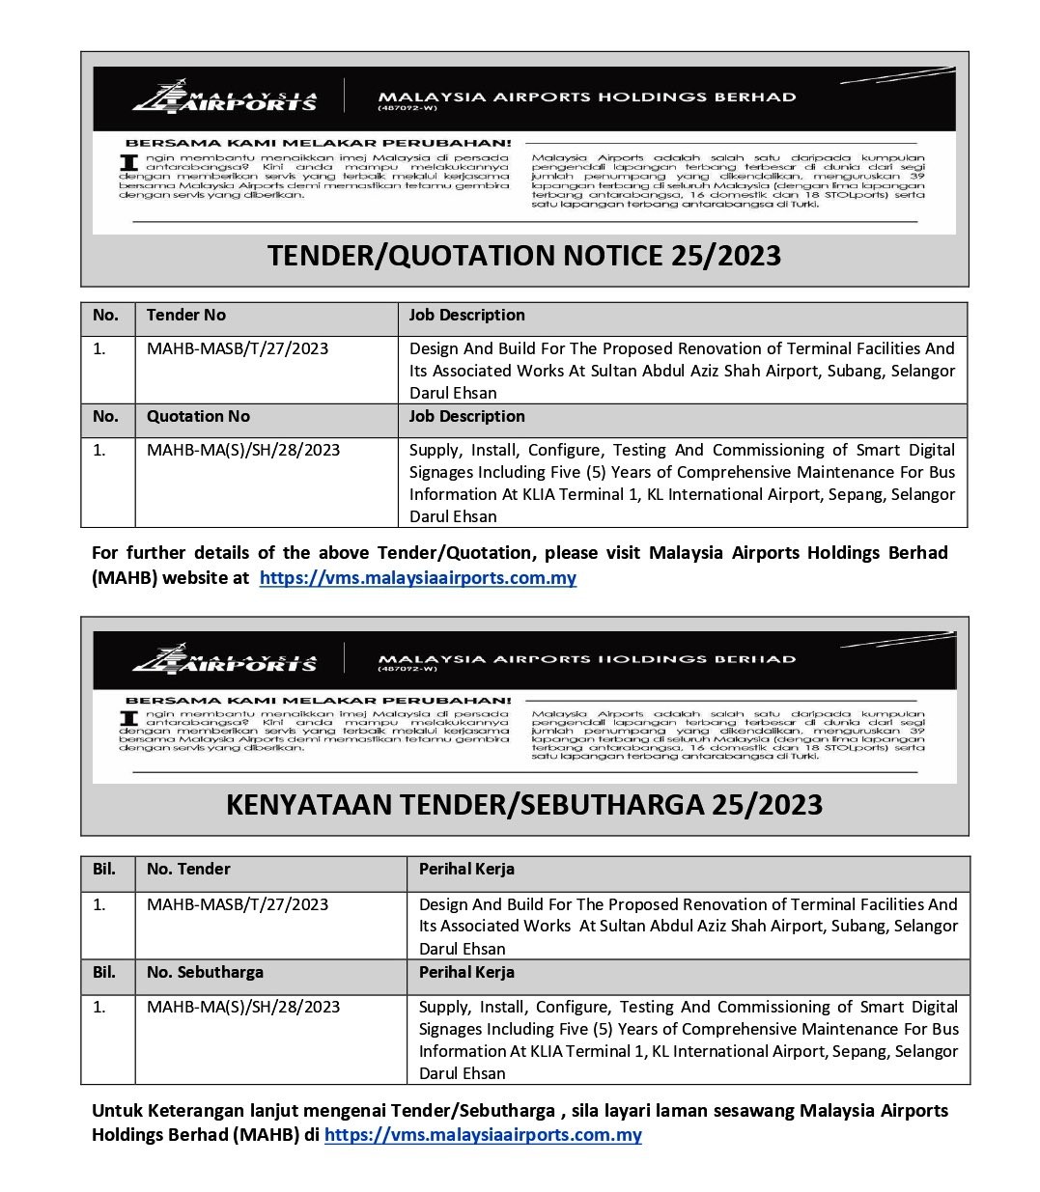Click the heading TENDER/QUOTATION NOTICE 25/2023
tap(523, 256)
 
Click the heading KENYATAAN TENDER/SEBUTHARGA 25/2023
tap(523, 804)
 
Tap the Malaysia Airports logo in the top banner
tap(225, 97)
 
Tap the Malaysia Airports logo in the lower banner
tap(225, 659)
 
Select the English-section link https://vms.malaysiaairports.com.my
tap(418, 578)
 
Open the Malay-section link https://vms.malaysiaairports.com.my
tap(483, 1135)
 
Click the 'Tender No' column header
tap(186, 316)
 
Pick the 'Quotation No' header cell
tap(198, 417)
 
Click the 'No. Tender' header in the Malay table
tap(188, 869)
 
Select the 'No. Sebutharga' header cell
tap(205, 972)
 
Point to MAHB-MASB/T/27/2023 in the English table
tap(238, 348)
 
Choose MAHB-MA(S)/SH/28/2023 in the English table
tap(243, 450)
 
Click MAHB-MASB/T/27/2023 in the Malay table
tap(238, 904)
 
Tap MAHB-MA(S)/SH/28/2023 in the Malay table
tap(243, 1007)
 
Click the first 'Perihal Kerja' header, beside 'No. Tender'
tap(466, 869)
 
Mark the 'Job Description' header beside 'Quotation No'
tap(466, 417)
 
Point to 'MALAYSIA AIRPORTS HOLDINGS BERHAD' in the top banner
tap(587, 97)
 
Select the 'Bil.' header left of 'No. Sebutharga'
tap(104, 972)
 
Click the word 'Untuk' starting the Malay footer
tap(116, 1111)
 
